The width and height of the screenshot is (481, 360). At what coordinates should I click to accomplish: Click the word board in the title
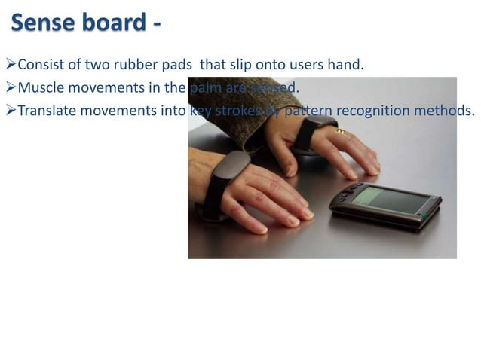(x=113, y=23)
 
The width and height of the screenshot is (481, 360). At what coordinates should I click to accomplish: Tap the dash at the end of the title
(x=156, y=25)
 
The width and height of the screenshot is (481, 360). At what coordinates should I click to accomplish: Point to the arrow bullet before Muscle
(x=10, y=89)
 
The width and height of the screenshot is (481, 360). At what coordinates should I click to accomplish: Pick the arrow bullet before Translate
(x=10, y=111)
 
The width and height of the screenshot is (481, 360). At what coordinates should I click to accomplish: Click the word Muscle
(x=41, y=89)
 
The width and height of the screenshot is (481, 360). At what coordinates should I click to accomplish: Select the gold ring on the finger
(x=340, y=132)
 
